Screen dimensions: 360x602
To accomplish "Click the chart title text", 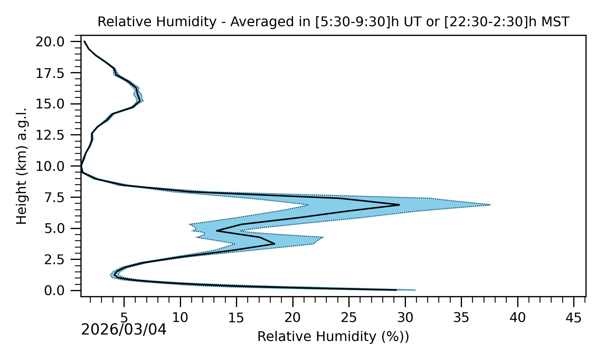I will (x=333, y=22).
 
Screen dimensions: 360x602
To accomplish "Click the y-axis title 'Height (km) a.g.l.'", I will (x=22, y=166).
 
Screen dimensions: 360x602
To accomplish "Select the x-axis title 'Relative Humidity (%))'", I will (x=333, y=337).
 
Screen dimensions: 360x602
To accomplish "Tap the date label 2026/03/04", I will (x=124, y=330).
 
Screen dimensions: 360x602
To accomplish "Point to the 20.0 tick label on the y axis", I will (x=55, y=42).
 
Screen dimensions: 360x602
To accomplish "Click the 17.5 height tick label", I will (x=55, y=73).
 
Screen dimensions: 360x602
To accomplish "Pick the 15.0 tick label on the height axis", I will (x=55, y=104).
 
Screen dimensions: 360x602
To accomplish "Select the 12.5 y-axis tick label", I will (x=55, y=135).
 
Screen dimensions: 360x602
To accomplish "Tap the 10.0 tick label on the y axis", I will (x=55, y=166).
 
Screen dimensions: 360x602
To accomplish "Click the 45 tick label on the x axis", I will (x=574, y=318).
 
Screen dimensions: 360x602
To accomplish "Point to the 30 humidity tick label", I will (x=405, y=318).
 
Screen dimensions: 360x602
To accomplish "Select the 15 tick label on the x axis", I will (x=236, y=318).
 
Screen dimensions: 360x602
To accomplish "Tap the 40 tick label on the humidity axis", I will (x=518, y=318).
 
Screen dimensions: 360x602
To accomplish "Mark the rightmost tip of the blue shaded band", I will (x=491, y=205).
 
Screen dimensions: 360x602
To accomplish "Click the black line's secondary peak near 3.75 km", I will (x=274, y=243).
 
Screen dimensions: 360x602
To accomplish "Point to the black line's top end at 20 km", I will (x=84, y=42).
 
